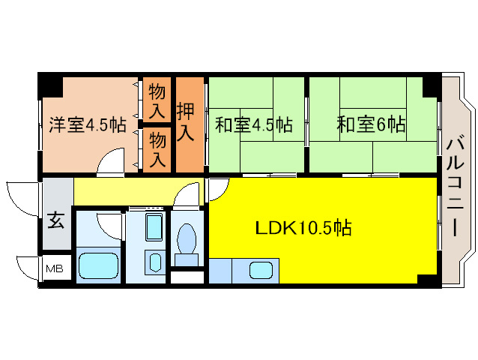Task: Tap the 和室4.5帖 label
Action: click(253, 124)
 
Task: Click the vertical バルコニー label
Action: click(455, 184)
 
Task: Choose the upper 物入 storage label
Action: click(157, 102)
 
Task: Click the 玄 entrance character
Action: click(57, 221)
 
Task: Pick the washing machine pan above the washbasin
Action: click(154, 228)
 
